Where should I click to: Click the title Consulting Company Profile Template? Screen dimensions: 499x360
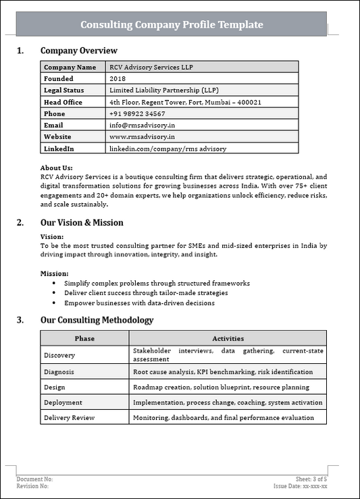(x=172, y=25)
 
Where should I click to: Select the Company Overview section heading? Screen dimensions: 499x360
(x=78, y=51)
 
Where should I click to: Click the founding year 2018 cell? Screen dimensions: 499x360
(x=117, y=79)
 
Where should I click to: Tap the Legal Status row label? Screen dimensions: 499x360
(x=66, y=90)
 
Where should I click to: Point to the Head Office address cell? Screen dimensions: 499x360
(x=185, y=102)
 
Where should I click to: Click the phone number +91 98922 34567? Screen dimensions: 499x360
(x=137, y=113)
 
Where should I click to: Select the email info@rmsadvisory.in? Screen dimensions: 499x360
(x=142, y=125)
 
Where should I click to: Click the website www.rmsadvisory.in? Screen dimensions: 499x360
(x=142, y=136)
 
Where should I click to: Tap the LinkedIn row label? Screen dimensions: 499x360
(x=59, y=148)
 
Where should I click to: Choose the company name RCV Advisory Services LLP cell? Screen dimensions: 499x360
(x=155, y=68)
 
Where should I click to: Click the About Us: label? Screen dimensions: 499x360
(x=57, y=168)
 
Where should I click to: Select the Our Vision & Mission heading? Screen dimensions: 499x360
(x=82, y=223)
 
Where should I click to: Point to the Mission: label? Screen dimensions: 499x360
(x=54, y=273)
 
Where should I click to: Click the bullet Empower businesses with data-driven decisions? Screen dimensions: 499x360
(x=139, y=303)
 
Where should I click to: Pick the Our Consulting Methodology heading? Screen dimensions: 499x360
(x=97, y=320)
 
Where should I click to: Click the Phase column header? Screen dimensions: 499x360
(x=84, y=338)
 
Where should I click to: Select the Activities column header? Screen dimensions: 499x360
(x=228, y=338)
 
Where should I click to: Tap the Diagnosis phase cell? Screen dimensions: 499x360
(x=59, y=372)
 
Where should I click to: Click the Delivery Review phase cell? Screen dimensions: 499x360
(x=69, y=418)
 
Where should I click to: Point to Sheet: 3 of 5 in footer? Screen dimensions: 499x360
(x=311, y=479)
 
